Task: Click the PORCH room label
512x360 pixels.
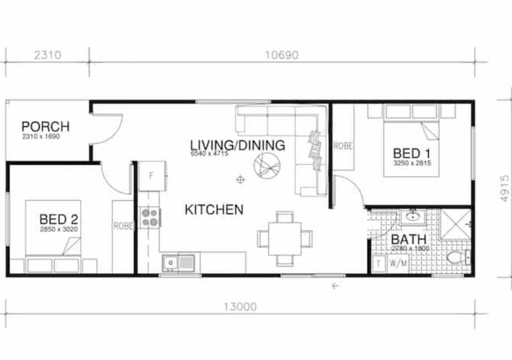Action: [46, 126]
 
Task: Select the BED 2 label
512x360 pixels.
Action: [58, 218]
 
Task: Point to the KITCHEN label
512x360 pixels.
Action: [214, 210]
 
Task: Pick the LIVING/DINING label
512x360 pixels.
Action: [237, 145]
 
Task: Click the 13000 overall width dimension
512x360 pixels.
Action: [240, 307]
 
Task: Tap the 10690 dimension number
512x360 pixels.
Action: [281, 55]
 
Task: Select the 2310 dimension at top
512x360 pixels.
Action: [47, 55]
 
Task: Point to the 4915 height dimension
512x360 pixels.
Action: [505, 188]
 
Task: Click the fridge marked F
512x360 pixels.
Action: [151, 175]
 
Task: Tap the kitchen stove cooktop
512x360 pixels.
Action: [151, 217]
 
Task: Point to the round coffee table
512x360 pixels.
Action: [266, 165]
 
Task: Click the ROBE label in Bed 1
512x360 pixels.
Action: [343, 146]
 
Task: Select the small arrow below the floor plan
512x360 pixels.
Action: [336, 286]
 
